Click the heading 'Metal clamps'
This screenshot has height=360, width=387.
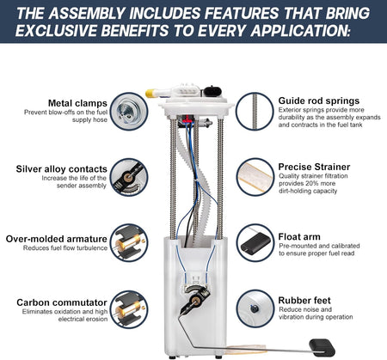point(77,103)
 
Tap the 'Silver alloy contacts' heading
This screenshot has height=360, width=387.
point(61,169)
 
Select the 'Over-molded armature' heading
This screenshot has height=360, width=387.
point(57,239)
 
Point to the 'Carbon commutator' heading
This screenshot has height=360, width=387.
point(62,302)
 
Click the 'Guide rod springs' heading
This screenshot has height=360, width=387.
point(319,101)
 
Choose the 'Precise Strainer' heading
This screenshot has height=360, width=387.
point(314,167)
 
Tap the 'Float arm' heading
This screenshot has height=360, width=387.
point(299,237)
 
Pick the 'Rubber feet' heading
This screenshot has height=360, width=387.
point(304,301)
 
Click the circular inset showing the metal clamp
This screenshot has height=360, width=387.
point(129,111)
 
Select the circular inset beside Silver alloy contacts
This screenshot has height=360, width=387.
point(129,177)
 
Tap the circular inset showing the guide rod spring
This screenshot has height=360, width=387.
point(255,111)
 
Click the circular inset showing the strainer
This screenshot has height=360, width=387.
point(255,177)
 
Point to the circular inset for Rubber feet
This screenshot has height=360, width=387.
point(255,308)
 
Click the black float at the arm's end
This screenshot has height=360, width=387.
point(322,347)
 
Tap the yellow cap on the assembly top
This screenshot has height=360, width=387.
point(150,94)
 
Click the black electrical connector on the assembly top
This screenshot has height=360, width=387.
point(212,92)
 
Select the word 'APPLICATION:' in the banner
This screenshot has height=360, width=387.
point(300,30)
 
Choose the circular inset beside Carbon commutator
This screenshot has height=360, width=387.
point(129,309)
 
